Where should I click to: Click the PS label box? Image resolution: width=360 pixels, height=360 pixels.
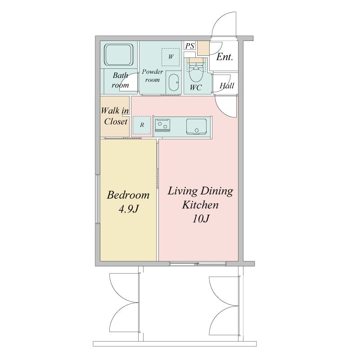[189, 46]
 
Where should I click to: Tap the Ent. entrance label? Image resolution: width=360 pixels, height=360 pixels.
[225, 57]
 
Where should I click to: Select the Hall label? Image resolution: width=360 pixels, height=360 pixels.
[227, 85]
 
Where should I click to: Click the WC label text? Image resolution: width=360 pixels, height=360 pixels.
[196, 87]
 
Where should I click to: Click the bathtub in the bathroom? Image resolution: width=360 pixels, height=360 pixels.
[119, 55]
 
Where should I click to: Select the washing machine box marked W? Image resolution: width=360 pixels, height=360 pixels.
[171, 57]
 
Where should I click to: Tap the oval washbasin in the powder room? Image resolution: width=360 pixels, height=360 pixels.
[174, 82]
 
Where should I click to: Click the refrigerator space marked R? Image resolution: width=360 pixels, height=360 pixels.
[142, 125]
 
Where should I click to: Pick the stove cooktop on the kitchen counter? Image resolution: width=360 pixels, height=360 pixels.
[162, 126]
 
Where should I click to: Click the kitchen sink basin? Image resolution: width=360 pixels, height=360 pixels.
[196, 126]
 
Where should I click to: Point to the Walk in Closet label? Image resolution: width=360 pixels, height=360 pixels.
[115, 116]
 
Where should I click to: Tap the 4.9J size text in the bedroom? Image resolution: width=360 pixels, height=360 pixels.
[129, 209]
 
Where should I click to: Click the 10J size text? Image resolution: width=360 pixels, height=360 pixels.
[201, 219]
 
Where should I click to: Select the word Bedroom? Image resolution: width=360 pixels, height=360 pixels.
[128, 195]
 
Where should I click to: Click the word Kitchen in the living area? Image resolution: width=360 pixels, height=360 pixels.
[200, 205]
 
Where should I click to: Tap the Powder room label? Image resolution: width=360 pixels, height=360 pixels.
[152, 76]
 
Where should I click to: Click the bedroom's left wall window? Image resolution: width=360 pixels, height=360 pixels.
[98, 199]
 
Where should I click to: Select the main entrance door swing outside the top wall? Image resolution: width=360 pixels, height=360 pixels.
[224, 25]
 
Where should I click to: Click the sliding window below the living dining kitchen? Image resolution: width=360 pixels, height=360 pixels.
[198, 264]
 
